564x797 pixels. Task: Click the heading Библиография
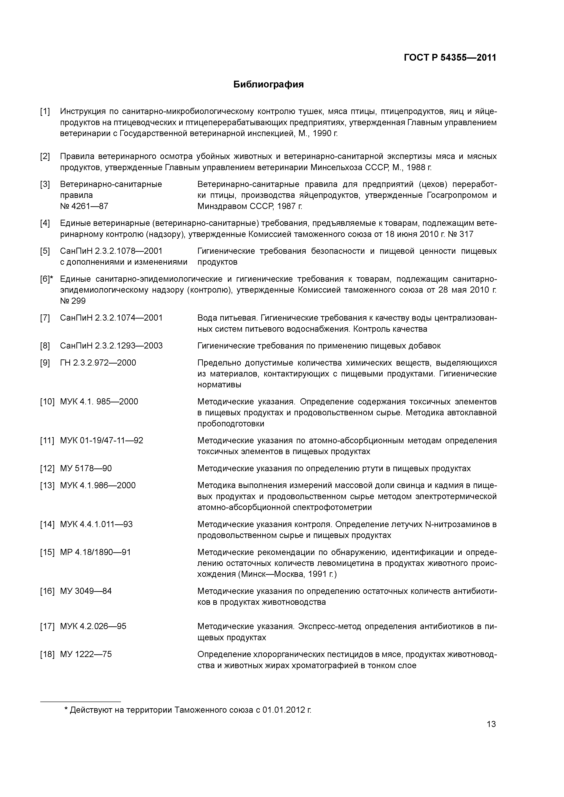pos(268,84)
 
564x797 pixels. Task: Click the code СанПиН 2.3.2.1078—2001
pos(111,251)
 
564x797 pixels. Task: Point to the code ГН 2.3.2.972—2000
pos(98,363)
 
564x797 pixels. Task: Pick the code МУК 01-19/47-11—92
pos(101,441)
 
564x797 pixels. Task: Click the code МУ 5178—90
pos(86,468)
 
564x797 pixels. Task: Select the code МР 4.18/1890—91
pos(95,552)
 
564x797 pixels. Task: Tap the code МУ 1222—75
pos(86,654)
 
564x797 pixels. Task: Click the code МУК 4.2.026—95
pos(93,626)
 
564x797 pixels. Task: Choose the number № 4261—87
pos(84,206)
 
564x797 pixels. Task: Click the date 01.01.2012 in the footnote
pos(282,710)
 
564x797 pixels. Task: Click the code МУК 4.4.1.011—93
pos(96,524)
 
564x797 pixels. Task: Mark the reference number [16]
pos(47,591)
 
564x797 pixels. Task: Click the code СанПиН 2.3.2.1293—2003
pos(111,346)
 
